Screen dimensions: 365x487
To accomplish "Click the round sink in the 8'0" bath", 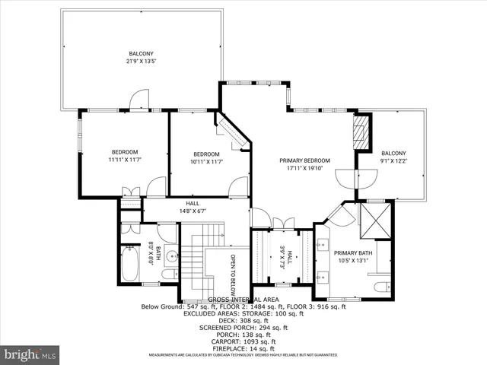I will pos(170,256).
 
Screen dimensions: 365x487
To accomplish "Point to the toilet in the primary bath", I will pos(381,285).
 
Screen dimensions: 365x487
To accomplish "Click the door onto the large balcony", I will pos(137,100).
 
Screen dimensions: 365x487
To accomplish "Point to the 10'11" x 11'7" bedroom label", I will pos(207,160).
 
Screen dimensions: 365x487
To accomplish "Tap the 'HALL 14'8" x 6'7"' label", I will pos(194,208).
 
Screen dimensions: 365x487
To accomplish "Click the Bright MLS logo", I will pos(30,354).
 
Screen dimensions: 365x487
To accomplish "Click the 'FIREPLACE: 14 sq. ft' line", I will pos(243,348).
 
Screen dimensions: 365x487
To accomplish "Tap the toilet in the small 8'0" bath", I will pos(169,273).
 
